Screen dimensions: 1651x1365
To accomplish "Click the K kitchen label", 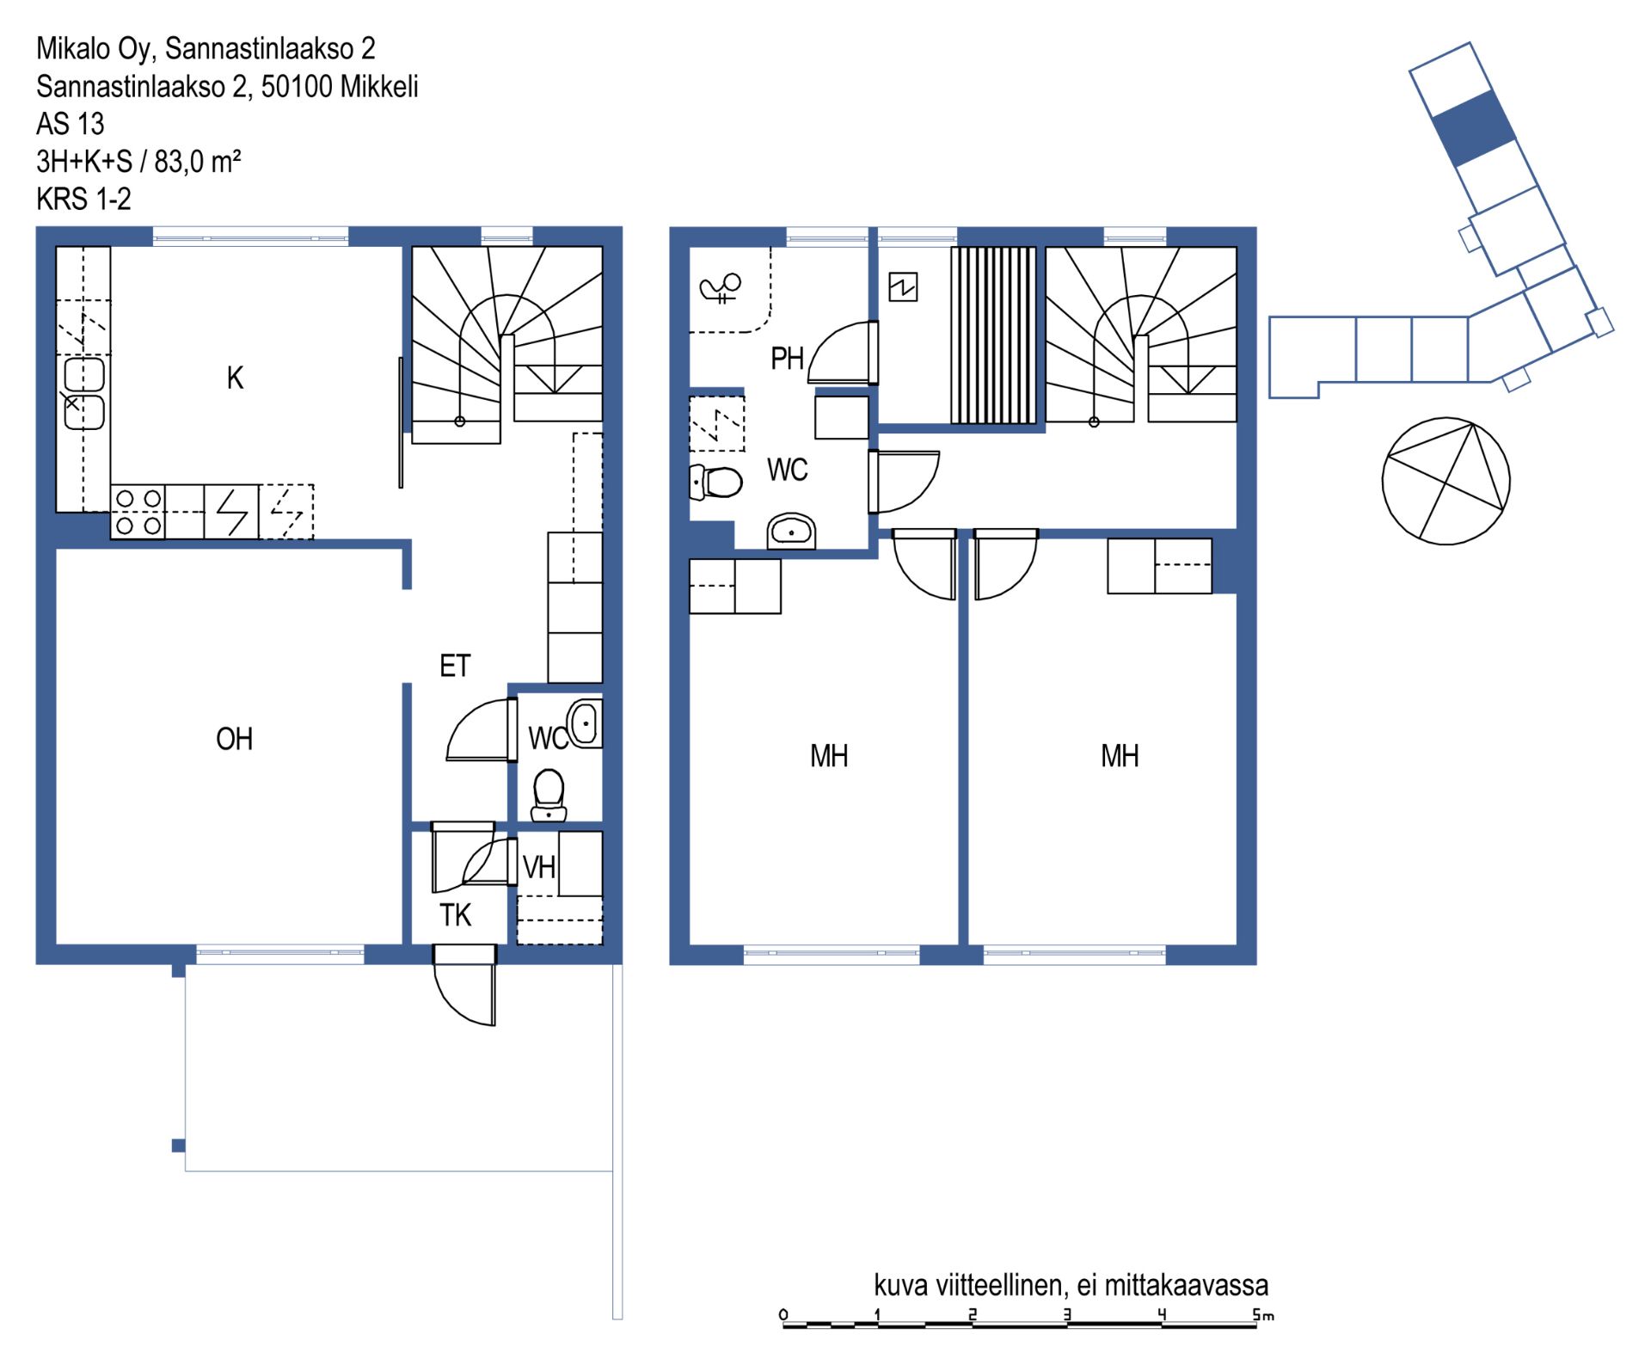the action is pos(235,378).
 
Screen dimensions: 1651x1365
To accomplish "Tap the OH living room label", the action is pos(234,739).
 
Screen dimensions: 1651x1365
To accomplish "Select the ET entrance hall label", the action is pos(455,666).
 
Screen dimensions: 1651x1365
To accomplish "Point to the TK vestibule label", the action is pos(455,915).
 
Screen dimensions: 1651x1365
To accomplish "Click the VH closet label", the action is pos(539,867).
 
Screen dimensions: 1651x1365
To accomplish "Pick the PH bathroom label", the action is pos(787,359).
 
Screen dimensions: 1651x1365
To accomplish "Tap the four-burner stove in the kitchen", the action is pos(138,512).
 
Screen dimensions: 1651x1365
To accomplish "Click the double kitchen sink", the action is pos(84,394).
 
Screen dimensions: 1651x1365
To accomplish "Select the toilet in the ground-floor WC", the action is pos(549,795).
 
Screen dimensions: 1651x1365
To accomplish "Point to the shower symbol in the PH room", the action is pos(721,288).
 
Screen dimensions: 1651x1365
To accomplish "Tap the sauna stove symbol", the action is pos(903,286).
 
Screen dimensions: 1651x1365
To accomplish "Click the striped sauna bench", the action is pos(993,335).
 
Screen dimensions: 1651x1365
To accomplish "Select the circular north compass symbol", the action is pos(1445,481).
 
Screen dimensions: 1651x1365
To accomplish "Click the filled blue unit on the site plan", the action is pos(1473,128).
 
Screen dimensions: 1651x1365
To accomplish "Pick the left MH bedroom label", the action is pos(829,756).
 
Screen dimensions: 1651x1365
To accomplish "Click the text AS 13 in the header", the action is pos(70,124).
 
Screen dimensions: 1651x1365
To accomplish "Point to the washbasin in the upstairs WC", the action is pos(791,532).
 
